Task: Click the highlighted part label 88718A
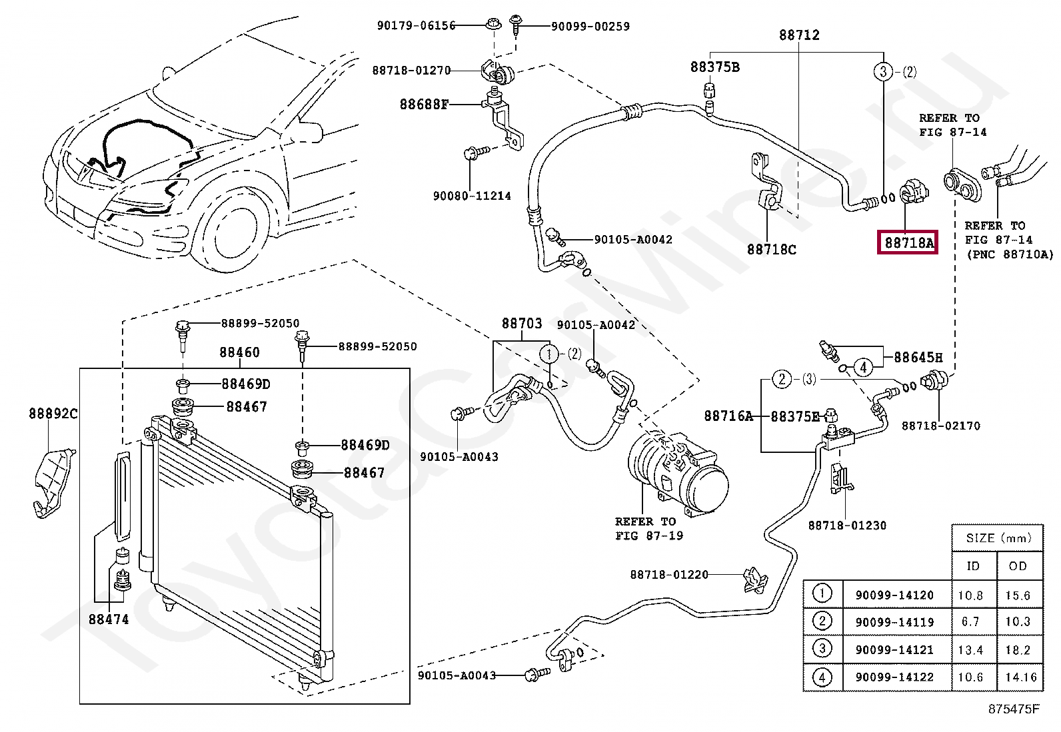click(x=907, y=242)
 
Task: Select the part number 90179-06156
click(x=417, y=25)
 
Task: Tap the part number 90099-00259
click(x=590, y=27)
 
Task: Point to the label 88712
click(x=799, y=35)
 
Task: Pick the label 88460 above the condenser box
click(x=239, y=352)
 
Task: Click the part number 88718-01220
click(x=669, y=574)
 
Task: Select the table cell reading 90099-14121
click(x=894, y=649)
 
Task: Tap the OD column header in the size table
click(x=1018, y=565)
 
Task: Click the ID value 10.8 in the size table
click(x=970, y=595)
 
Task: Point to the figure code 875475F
click(x=1014, y=709)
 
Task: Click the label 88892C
click(x=53, y=414)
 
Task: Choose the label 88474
click(x=109, y=619)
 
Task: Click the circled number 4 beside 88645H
click(x=863, y=367)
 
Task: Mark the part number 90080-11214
click(x=472, y=196)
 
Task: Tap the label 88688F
click(x=424, y=104)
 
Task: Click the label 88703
click(x=521, y=324)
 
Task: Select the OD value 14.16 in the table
click(x=1021, y=677)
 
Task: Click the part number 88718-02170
click(x=940, y=426)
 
